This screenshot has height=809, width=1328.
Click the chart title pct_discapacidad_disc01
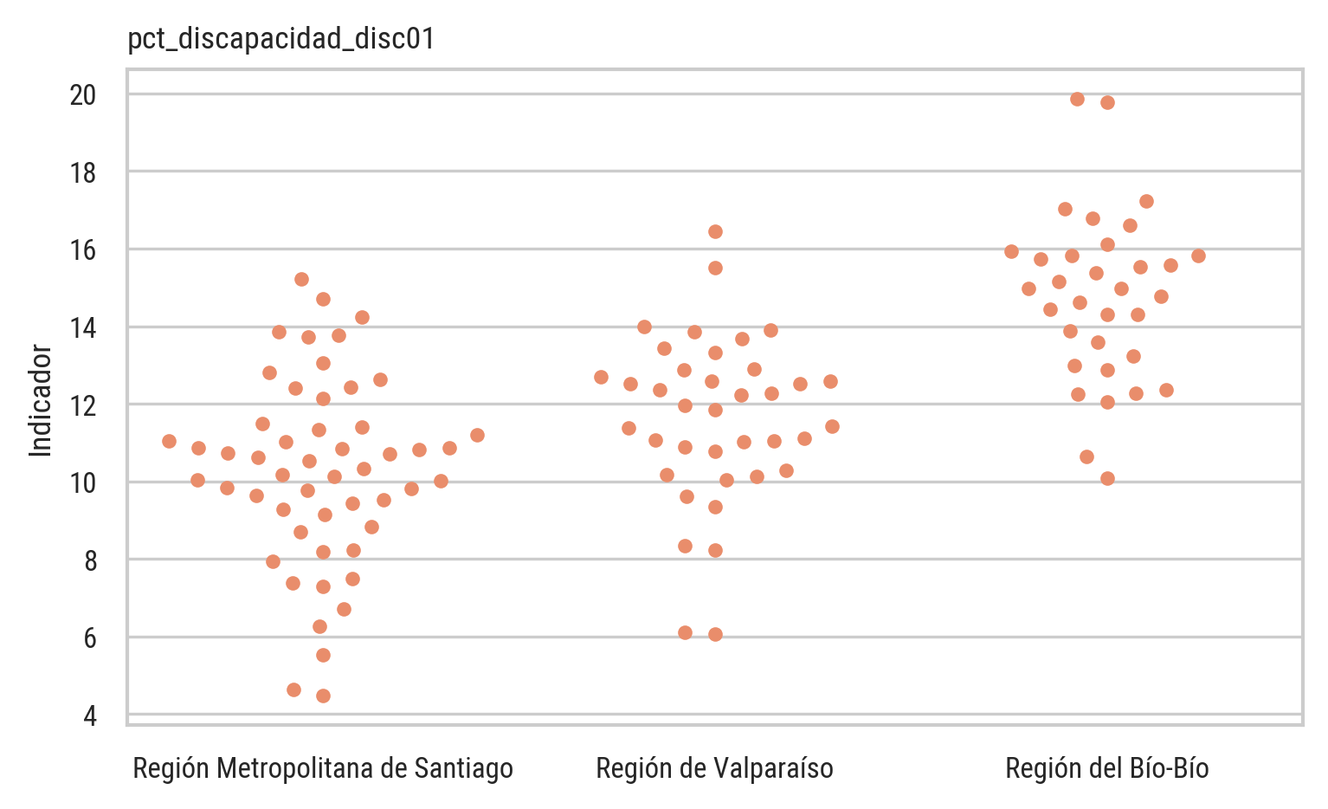tap(281, 39)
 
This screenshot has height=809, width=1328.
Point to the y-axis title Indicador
tap(41, 400)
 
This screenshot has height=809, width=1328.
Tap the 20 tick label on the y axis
tap(83, 94)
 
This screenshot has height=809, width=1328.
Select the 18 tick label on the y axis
tap(83, 172)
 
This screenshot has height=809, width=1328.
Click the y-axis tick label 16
tap(83, 250)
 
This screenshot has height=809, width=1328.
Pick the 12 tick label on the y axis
tap(83, 405)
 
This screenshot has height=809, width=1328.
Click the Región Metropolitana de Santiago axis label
tap(323, 768)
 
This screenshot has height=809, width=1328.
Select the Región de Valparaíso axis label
tap(715, 768)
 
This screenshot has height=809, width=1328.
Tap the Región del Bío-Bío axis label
tap(1107, 768)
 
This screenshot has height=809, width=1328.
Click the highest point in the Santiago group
tap(301, 279)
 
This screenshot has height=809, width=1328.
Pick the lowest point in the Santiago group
tap(323, 696)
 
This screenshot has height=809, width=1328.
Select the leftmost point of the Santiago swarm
tap(169, 441)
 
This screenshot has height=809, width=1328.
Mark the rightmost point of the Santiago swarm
tap(477, 435)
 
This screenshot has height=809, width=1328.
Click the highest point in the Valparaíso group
tap(715, 231)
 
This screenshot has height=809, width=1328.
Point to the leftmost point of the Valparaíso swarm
tap(601, 377)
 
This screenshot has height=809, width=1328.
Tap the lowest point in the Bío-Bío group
tap(1107, 478)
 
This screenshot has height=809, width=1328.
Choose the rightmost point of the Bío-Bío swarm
tap(1198, 256)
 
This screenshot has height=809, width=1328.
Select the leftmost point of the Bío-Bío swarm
tap(1011, 251)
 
